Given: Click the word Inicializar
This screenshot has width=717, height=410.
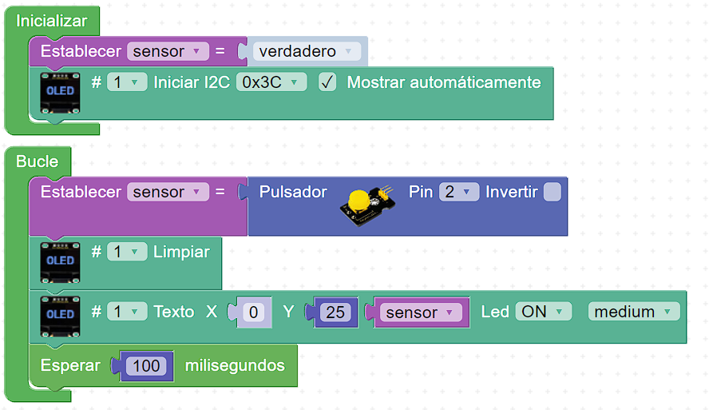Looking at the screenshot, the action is click(x=51, y=21).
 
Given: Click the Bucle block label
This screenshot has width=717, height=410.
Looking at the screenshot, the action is click(x=37, y=161).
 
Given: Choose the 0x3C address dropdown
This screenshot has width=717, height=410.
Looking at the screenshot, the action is click(x=271, y=82).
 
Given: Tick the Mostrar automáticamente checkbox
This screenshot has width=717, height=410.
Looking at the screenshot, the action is click(x=327, y=82).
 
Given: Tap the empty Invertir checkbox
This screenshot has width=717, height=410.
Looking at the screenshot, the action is click(x=553, y=192).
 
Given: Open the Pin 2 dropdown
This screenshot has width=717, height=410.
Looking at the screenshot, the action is click(x=458, y=192).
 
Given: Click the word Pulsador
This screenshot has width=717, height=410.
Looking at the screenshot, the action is click(x=293, y=192).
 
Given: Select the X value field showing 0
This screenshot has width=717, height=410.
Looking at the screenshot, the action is click(x=253, y=312).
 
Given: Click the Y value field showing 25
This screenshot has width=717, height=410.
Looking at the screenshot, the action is click(x=335, y=312).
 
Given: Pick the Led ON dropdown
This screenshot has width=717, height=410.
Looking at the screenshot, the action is click(x=543, y=312).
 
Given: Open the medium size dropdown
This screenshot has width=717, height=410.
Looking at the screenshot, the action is click(x=634, y=312).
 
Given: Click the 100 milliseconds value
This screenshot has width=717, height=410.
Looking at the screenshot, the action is click(x=146, y=365).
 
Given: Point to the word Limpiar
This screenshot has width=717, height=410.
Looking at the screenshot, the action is click(x=181, y=252).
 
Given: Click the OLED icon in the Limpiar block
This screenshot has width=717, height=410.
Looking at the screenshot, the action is click(x=60, y=263).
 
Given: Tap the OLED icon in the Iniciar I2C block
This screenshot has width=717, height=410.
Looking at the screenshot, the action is click(x=60, y=93).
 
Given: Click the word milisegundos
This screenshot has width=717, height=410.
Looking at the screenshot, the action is click(x=235, y=365).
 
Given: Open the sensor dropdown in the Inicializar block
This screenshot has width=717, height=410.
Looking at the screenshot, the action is click(x=168, y=51).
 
